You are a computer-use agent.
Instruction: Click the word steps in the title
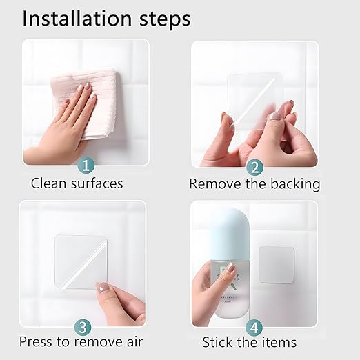(x=163, y=19)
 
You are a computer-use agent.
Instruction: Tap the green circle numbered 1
(x=86, y=165)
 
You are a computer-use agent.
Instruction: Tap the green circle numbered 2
(x=254, y=166)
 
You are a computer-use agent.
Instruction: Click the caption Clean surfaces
(x=77, y=183)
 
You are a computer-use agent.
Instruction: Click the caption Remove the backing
(x=254, y=184)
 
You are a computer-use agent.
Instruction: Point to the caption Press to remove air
(x=81, y=341)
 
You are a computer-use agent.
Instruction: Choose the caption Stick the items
(x=249, y=342)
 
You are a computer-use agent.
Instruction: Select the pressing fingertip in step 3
(x=103, y=288)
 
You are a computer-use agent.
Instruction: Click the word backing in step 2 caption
(x=298, y=185)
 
